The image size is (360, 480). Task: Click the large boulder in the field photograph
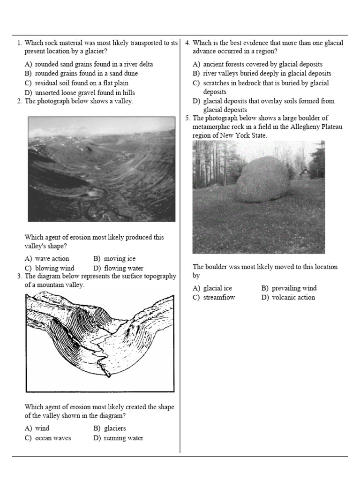coord(263,180)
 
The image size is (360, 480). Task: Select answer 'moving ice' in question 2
coord(120,259)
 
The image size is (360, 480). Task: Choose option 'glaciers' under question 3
coord(114,428)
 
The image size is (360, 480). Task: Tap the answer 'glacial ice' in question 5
coord(217,288)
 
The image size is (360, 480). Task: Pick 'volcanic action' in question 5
coord(293,298)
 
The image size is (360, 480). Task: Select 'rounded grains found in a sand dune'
coord(86,74)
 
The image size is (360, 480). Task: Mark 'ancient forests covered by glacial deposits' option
coord(262,64)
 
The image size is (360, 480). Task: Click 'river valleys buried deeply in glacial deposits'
coord(267,74)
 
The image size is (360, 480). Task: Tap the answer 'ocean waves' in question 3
coord(53,438)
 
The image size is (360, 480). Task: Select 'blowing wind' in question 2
coord(54,268)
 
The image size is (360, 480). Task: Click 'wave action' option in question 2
coord(52,259)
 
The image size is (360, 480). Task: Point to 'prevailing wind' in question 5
coord(294,288)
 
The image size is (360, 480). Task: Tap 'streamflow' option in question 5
coord(219,298)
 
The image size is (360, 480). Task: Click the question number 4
coord(187,43)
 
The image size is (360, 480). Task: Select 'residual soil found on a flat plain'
coord(82,83)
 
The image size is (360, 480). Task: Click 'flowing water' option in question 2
coord(123,268)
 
